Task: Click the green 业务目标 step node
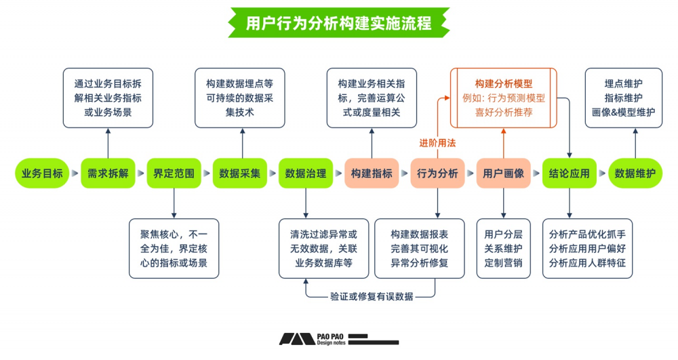click(42, 174)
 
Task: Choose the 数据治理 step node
click(306, 174)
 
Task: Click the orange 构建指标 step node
click(372, 174)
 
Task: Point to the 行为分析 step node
click(437, 174)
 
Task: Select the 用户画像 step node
click(503, 174)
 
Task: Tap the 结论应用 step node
click(569, 174)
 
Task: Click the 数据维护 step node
click(635, 174)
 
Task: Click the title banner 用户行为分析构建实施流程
click(338, 23)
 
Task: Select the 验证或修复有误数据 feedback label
click(372, 296)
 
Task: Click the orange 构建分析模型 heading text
click(503, 83)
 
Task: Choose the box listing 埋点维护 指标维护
click(623, 98)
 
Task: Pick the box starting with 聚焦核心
click(174, 247)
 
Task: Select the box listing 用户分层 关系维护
click(503, 247)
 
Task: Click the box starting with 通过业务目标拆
click(108, 98)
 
